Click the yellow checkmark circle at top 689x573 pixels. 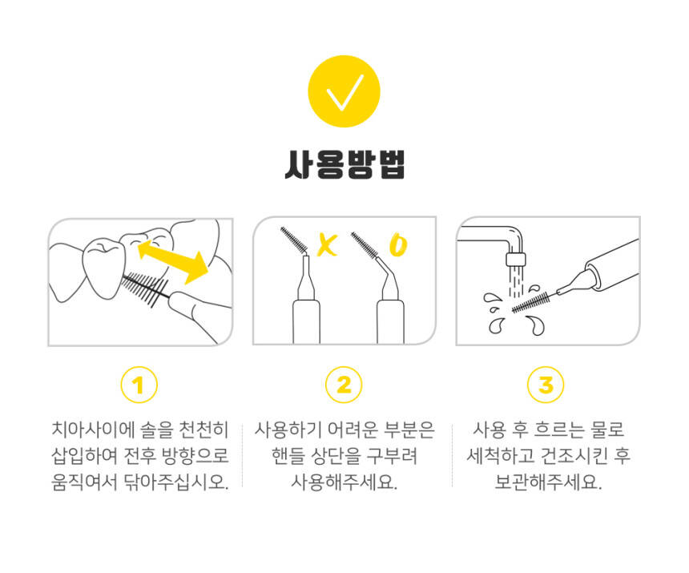pos(344,91)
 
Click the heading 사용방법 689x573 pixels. pos(344,165)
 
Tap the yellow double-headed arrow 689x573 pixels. pos(173,262)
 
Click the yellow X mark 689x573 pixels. pos(328,245)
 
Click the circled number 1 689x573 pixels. pos(139,385)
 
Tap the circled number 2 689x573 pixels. pos(344,385)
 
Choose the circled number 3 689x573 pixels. pos(546,385)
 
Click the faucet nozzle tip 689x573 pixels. pos(515,260)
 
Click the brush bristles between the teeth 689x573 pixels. pos(144,289)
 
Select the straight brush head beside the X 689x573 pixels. pos(294,240)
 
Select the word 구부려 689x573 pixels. pos(392,456)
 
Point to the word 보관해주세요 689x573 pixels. pos(548,482)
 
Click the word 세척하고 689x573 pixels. pos(498,456)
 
